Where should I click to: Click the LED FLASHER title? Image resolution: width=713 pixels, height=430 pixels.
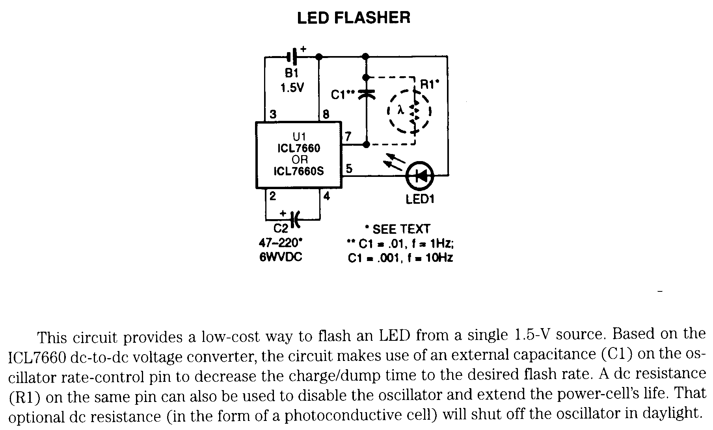point(354,18)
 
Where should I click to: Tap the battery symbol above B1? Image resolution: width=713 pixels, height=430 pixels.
point(292,58)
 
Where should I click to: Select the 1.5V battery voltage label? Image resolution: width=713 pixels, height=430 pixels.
point(292,87)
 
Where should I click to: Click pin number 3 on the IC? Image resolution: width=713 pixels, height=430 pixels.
point(272,115)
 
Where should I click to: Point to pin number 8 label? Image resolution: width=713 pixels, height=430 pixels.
point(326,115)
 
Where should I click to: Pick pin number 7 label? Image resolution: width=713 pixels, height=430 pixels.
point(348,136)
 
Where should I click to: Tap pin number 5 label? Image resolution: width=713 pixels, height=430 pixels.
point(349,169)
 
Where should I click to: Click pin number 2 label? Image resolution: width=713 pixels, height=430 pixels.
point(272,196)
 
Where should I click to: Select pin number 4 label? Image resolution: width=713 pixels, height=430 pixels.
point(326,196)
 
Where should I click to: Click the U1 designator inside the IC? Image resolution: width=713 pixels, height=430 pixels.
point(299,137)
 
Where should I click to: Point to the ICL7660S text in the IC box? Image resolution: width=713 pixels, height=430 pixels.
point(299,171)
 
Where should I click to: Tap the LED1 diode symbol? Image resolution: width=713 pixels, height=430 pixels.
point(420,176)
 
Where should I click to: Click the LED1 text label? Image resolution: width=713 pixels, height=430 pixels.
point(420,199)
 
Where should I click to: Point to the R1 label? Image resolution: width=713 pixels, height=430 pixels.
point(429,84)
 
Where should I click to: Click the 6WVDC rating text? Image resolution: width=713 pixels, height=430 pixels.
point(281,257)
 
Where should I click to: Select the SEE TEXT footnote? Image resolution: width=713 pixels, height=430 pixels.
point(398,229)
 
